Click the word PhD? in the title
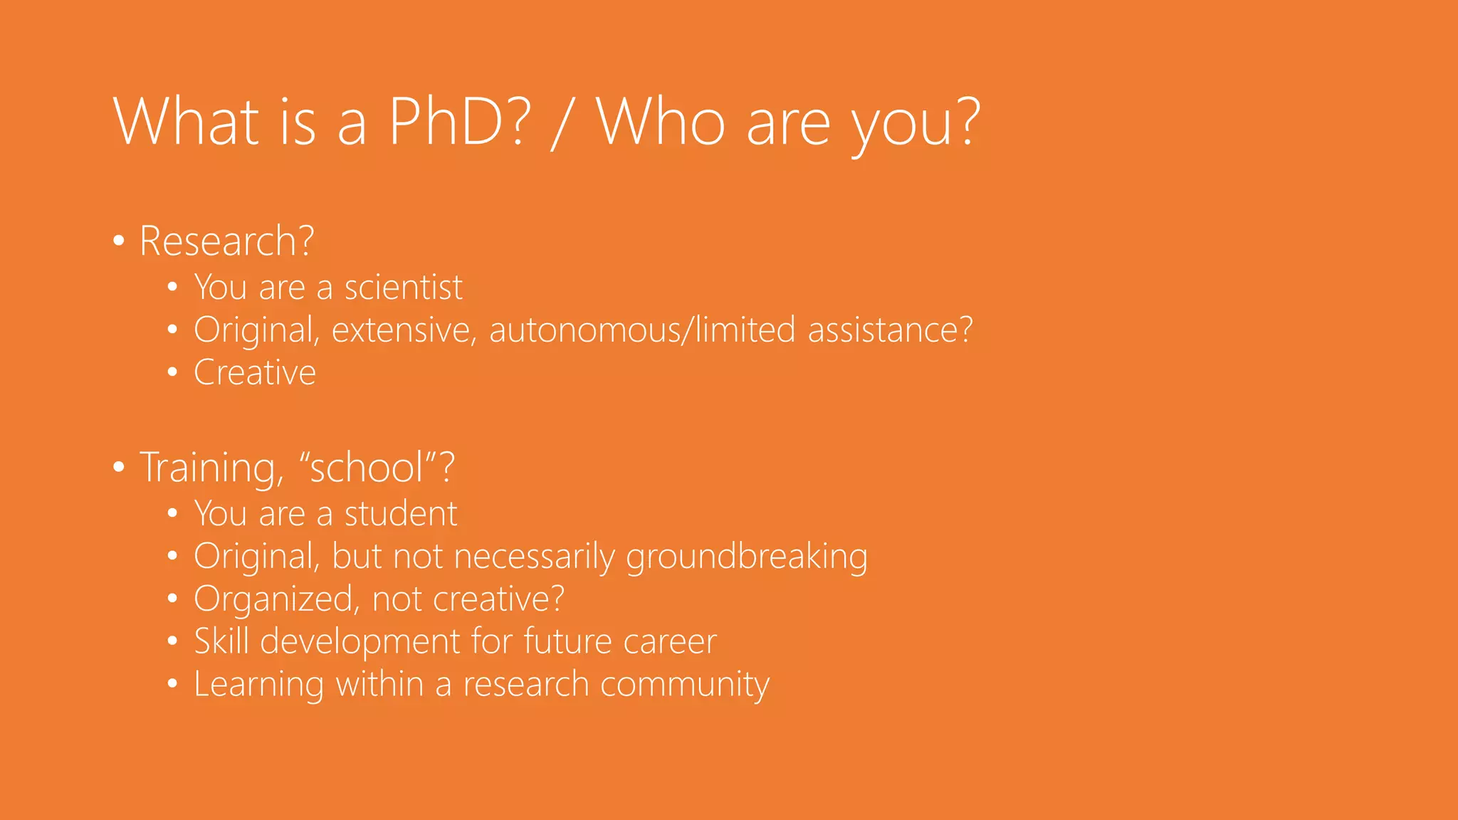click(x=460, y=122)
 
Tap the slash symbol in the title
click(x=562, y=122)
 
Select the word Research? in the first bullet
click(x=226, y=241)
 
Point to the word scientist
click(x=403, y=288)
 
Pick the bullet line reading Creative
click(x=254, y=373)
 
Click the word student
click(x=400, y=514)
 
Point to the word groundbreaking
click(x=746, y=557)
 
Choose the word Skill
click(x=221, y=641)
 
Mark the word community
click(x=684, y=685)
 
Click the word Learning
click(x=258, y=685)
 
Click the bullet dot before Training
click(x=119, y=468)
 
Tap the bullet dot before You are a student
click(x=172, y=513)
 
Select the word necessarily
click(x=534, y=557)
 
